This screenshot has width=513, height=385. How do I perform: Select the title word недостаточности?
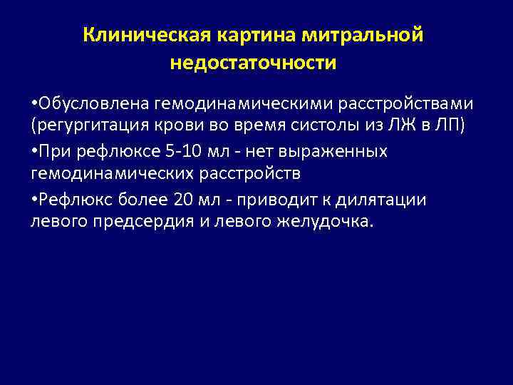[x=253, y=63]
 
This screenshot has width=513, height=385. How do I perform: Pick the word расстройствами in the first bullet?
[x=405, y=105]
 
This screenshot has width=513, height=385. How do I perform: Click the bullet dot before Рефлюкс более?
[x=33, y=199]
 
